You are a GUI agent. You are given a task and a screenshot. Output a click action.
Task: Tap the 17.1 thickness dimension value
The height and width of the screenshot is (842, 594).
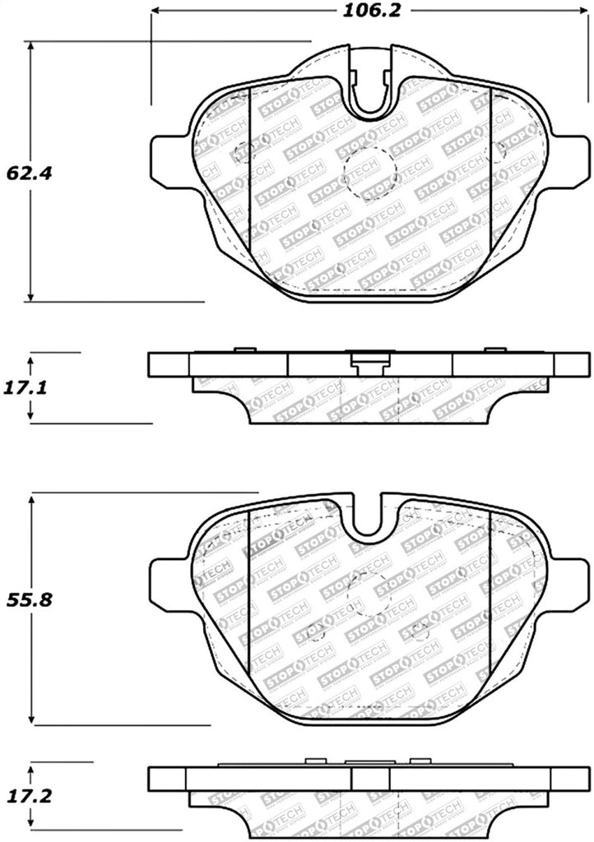click(24, 386)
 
